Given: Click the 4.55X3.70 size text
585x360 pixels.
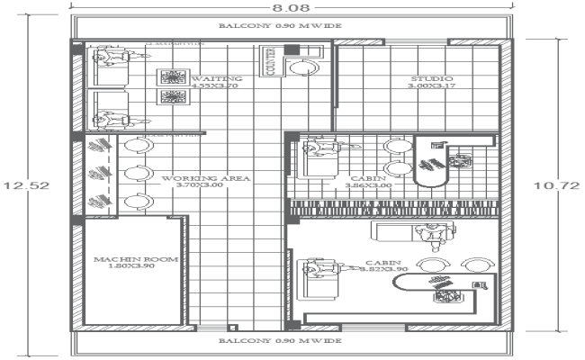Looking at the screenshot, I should tap(213, 87).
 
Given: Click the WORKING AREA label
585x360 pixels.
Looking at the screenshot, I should tap(205, 179).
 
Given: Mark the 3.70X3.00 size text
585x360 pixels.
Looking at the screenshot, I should tap(205, 187).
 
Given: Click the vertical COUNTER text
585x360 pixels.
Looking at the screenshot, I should tap(269, 62).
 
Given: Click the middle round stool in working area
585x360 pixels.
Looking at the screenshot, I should tap(137, 173).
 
